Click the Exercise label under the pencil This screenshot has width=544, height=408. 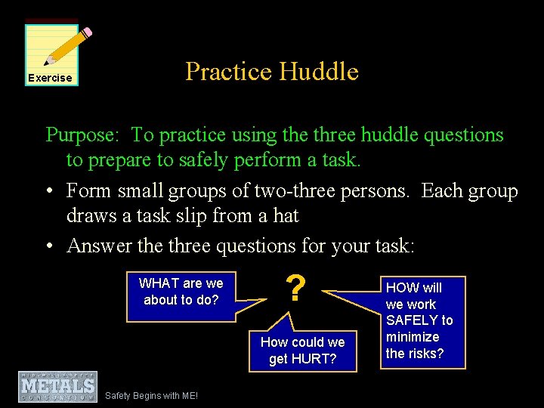[x=50, y=78]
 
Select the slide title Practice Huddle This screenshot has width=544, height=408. [x=272, y=72]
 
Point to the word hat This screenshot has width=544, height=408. [x=285, y=216]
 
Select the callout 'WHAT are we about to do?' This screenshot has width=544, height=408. [x=181, y=292]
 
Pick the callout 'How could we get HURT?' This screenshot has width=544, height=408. [x=302, y=351]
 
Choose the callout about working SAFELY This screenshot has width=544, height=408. [x=420, y=320]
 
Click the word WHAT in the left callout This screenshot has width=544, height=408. [x=158, y=283]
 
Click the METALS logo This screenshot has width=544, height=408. [x=58, y=386]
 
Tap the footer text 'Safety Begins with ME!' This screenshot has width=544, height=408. [x=152, y=395]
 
